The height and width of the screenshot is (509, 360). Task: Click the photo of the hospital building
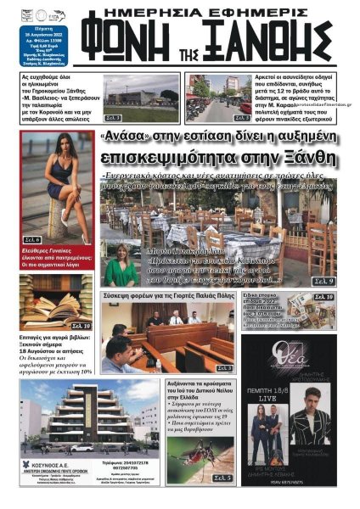coord(143,98)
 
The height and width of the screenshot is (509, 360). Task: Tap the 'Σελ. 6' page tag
coord(33,240)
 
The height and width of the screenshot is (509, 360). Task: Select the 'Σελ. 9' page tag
coord(324,279)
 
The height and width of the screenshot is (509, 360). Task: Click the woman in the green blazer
coord(121,265)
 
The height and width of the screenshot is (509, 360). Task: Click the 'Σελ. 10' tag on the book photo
coord(81,325)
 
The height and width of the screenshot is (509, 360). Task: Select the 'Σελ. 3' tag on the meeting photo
coord(223,368)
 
